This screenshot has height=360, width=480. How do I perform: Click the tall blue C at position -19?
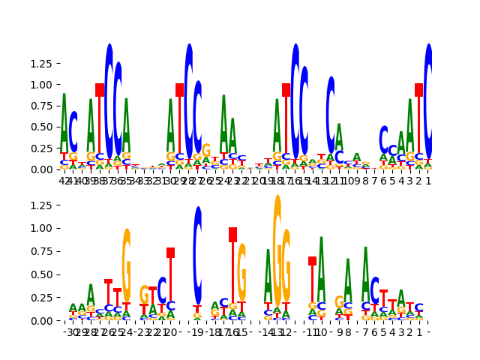click(x=197, y=255)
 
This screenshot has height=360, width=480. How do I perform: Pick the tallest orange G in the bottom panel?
click(x=277, y=247)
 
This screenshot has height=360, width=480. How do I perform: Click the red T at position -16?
click(x=233, y=262)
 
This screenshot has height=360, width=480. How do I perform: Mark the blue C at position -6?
click(x=374, y=290)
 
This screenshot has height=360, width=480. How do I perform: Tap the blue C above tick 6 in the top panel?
click(x=383, y=139)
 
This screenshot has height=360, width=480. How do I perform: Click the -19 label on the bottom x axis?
click(x=196, y=332)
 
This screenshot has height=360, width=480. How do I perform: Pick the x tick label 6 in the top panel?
click(x=384, y=181)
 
